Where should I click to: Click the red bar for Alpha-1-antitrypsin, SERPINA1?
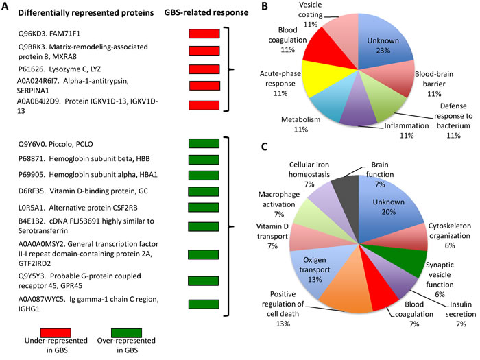[204, 86]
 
